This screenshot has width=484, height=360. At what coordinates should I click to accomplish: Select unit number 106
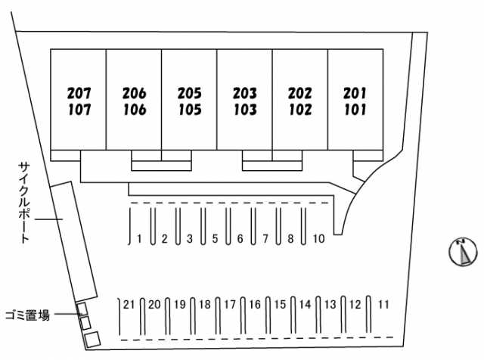[134, 110]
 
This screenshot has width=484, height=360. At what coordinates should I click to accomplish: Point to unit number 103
[244, 110]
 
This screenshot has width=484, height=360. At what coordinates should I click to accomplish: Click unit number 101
[355, 110]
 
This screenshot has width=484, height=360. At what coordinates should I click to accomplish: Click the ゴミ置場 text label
[27, 315]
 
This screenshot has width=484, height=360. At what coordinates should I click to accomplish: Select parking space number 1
[140, 239]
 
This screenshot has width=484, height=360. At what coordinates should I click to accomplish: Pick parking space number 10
[318, 239]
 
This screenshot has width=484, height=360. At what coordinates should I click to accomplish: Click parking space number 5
[215, 239]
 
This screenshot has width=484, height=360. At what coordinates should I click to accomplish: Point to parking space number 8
[290, 239]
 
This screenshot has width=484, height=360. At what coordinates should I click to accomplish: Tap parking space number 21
[129, 305]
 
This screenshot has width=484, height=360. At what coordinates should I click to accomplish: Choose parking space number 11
[383, 305]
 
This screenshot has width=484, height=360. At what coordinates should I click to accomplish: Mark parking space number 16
[255, 305]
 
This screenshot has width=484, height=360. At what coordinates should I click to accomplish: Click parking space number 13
[330, 305]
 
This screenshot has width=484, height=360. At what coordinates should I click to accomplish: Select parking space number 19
[179, 305]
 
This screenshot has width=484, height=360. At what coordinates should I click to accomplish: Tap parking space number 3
[190, 239]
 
